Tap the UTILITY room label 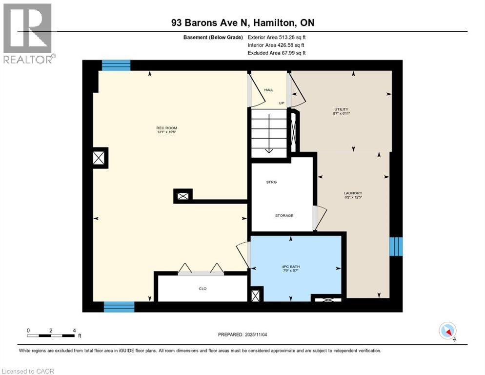[x=341, y=109]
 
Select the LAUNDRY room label [x=353, y=193]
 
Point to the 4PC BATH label [x=291, y=266]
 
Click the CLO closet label [x=202, y=289]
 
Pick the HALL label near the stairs [x=269, y=90]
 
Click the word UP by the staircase [x=282, y=104]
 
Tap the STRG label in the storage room [x=271, y=182]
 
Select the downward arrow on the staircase [x=268, y=144]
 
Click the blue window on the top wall [x=116, y=65]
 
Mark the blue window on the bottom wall [x=119, y=307]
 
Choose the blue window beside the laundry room [x=396, y=247]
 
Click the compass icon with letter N [x=447, y=331]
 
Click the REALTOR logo [x=28, y=33]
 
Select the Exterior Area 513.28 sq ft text [x=277, y=37]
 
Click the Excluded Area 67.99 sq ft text [x=277, y=53]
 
